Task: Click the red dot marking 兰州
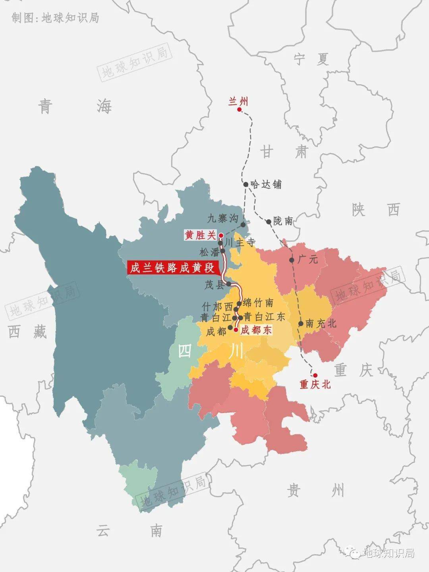(x=240, y=109)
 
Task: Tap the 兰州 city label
(x=238, y=101)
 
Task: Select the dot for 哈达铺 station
(x=246, y=184)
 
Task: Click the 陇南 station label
(x=283, y=221)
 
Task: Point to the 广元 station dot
(x=292, y=260)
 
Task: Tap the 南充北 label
(x=321, y=324)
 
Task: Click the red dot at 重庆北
(x=315, y=375)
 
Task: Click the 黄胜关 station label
(x=200, y=235)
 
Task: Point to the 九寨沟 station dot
(x=243, y=224)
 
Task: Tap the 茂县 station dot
(x=229, y=284)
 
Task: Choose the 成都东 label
(x=256, y=330)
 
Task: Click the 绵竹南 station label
(x=258, y=303)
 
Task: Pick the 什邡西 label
(x=217, y=307)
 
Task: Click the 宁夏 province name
(x=311, y=60)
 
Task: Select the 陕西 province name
(x=376, y=209)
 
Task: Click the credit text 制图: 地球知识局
(x=55, y=18)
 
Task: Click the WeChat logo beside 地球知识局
(x=352, y=552)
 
